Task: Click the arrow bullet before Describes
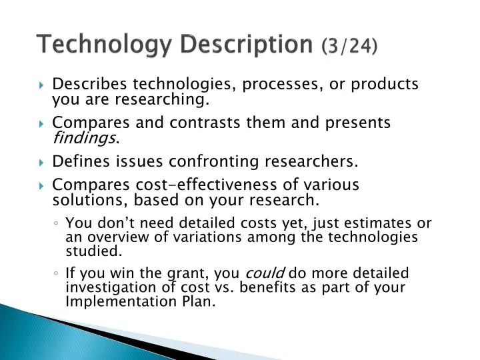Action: pos(41,85)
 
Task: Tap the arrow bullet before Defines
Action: pos(41,162)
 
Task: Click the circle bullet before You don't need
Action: pos(59,224)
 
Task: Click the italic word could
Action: pos(266,273)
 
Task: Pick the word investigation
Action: pos(108,287)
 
